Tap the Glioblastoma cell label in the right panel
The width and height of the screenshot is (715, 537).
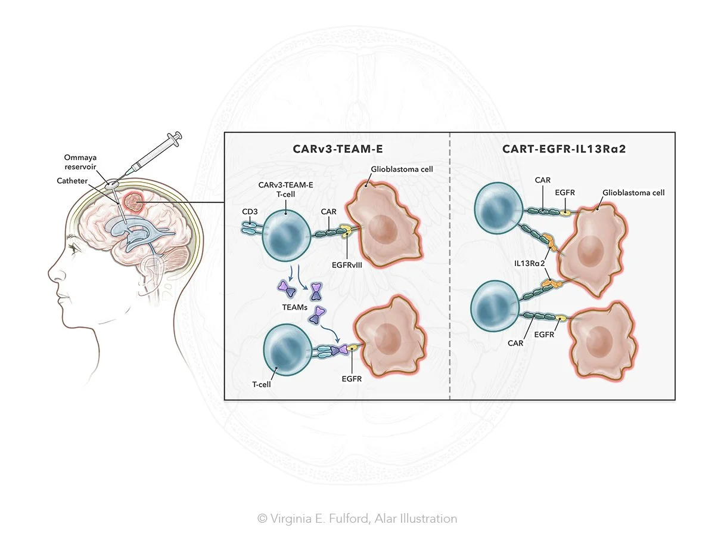coord(633,193)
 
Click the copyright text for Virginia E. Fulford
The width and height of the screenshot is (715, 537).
coord(357,519)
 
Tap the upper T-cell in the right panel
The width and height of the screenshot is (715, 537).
coord(499,212)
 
